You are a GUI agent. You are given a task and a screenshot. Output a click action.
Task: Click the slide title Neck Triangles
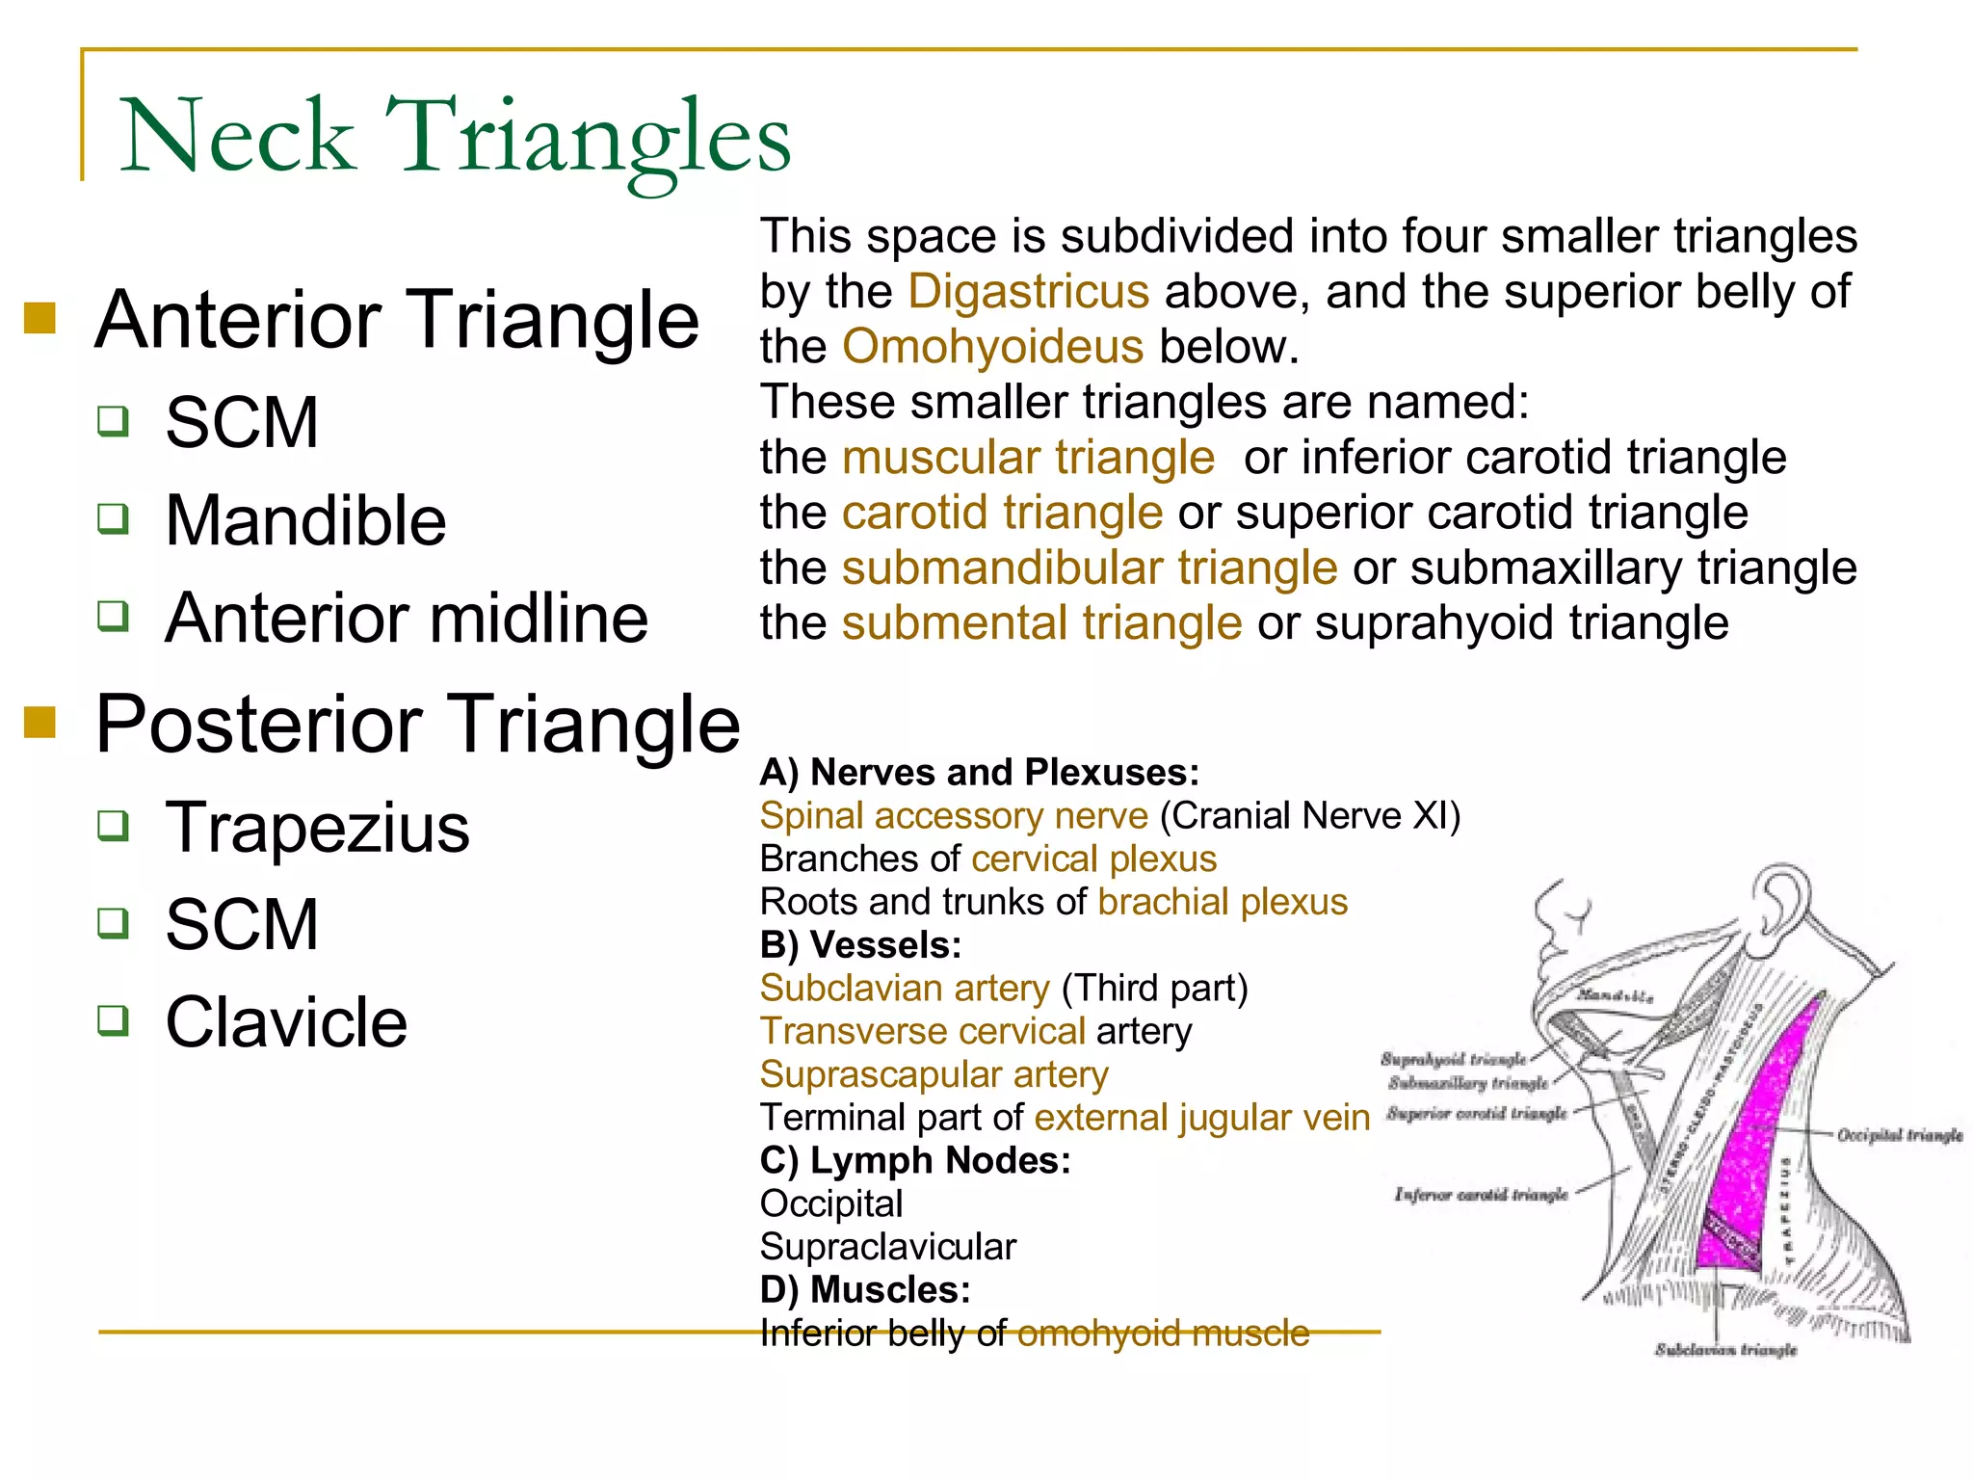[455, 137]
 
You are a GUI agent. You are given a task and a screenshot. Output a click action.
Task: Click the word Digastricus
[1028, 291]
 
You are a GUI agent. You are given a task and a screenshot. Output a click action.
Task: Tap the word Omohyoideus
[992, 347]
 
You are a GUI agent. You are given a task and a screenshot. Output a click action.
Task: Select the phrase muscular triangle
[1028, 458]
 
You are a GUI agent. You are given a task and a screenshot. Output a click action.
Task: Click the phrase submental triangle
[1041, 623]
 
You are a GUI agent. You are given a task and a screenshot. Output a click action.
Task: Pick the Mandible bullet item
[305, 521]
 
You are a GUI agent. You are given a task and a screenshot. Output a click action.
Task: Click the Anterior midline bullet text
[407, 619]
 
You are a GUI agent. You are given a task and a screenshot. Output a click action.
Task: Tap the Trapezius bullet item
[317, 828]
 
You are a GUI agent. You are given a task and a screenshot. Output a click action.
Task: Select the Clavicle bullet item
[286, 1022]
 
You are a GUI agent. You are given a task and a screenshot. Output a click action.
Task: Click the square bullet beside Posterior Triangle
[40, 722]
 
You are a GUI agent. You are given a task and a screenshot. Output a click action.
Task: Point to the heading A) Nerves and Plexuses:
[979, 773]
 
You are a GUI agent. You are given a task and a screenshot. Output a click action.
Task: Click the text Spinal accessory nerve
[954, 816]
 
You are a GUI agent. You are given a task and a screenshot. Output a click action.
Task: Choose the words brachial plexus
[1222, 902]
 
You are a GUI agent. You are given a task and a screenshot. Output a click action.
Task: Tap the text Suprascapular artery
[934, 1074]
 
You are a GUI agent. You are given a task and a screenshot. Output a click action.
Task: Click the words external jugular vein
[1201, 1118]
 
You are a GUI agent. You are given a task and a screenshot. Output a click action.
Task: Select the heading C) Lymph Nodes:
[914, 1161]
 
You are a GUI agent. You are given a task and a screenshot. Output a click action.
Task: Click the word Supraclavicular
[887, 1247]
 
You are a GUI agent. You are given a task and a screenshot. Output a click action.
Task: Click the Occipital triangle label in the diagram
[1899, 1135]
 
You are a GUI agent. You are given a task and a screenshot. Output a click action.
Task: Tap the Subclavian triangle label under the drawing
[1725, 1350]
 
